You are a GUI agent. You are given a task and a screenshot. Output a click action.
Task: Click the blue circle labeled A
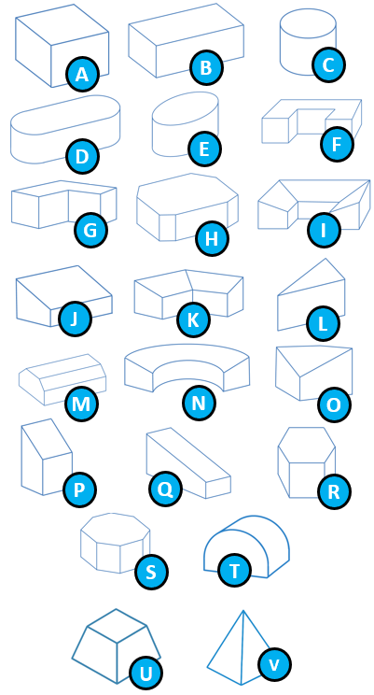82,75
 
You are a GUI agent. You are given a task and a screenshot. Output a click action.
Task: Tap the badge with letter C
328,65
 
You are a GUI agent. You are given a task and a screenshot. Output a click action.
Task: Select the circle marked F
337,144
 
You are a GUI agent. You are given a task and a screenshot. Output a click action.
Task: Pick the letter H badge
212,239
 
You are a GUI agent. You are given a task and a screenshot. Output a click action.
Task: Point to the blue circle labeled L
323,323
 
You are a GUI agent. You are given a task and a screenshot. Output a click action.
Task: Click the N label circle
200,403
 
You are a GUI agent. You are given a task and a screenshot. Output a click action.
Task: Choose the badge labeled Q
165,489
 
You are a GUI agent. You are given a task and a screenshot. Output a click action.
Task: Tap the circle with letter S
151,573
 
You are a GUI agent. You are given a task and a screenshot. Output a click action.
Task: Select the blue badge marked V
274,664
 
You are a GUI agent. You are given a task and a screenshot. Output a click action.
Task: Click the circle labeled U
145,674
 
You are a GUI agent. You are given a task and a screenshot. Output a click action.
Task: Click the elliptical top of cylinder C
308,23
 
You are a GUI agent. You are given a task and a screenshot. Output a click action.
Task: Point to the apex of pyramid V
243,611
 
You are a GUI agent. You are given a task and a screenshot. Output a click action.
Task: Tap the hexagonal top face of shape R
306,445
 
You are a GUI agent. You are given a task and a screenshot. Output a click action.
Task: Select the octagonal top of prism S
115,530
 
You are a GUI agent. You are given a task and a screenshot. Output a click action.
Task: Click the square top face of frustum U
117,626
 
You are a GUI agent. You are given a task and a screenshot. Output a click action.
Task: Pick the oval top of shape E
185,109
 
